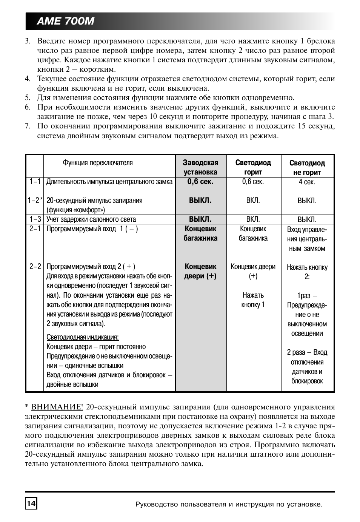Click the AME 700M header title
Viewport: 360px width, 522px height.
click(66, 21)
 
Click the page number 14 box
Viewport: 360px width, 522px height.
click(31, 503)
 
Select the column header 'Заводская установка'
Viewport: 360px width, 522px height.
click(200, 167)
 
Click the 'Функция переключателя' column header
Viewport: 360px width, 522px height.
click(98, 163)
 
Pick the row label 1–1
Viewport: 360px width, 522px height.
click(35, 182)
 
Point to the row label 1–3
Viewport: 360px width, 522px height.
click(35, 219)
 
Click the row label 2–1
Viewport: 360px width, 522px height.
click(35, 229)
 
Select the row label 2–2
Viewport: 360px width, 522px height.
click(35, 266)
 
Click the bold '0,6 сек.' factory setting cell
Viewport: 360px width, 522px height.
click(200, 182)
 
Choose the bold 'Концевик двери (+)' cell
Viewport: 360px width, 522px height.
click(200, 271)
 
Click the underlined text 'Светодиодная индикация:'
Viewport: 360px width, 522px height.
click(83, 337)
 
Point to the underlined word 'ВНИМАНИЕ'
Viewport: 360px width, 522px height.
click(57, 407)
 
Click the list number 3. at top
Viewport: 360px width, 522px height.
click(28, 41)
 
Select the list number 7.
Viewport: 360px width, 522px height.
click(28, 126)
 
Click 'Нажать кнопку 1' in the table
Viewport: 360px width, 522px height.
click(253, 300)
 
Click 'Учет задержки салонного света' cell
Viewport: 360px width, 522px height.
click(91, 219)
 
